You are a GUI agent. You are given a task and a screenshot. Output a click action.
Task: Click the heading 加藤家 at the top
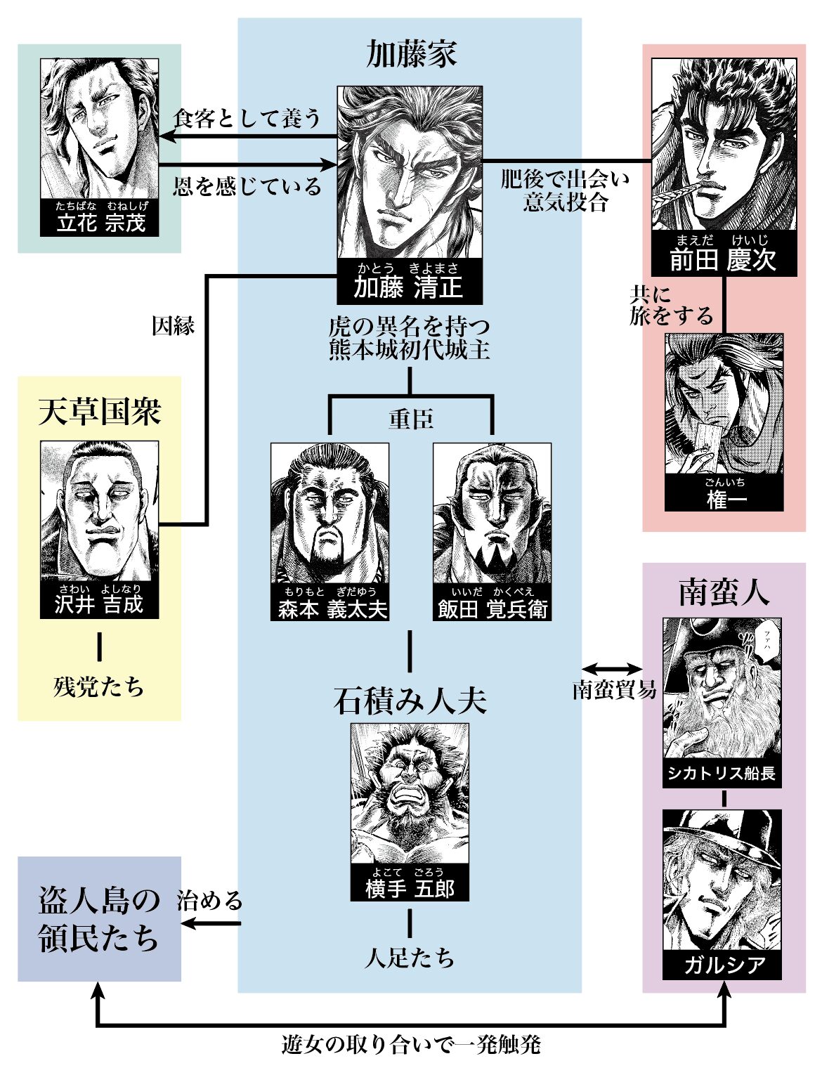(411, 55)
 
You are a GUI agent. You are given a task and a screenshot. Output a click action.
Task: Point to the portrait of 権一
(724, 404)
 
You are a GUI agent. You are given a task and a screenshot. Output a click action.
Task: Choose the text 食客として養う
(247, 118)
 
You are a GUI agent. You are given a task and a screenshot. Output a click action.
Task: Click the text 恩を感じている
(247, 186)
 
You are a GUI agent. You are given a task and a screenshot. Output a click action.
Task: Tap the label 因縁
(173, 326)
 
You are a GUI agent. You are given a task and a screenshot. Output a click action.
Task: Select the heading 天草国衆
(99, 411)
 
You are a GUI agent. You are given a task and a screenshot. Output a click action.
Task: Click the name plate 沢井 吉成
(99, 600)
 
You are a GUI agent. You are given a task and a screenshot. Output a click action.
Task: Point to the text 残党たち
(99, 686)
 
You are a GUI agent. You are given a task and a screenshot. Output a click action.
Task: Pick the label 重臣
(411, 419)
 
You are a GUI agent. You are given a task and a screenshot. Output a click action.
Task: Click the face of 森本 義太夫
(329, 513)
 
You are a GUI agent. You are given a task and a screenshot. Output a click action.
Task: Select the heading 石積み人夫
(410, 701)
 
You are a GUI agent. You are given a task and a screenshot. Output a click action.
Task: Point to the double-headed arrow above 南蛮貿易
(612, 669)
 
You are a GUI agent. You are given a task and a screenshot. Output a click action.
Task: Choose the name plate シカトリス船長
(722, 773)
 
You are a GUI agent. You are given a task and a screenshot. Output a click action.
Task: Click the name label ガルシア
(722, 964)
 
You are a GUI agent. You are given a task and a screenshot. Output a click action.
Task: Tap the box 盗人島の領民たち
(99, 919)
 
